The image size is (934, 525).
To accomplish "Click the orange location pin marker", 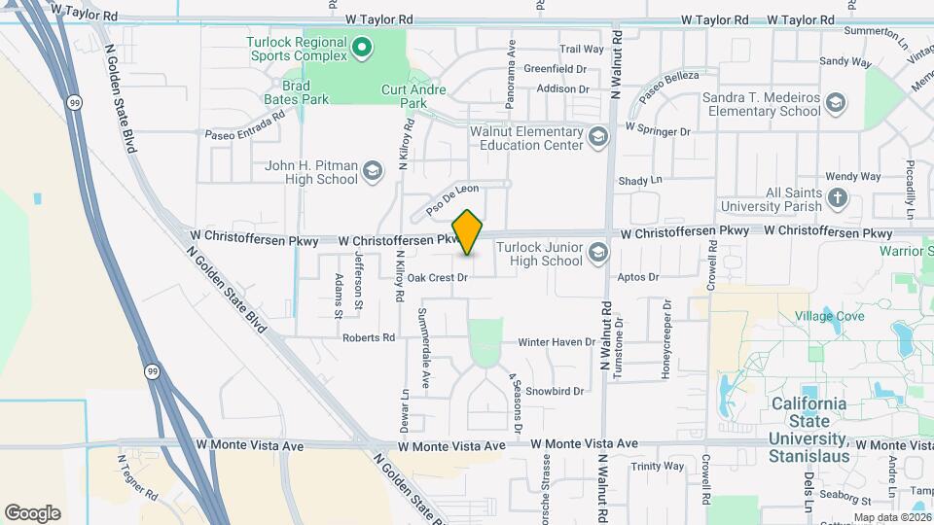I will pos(468,232).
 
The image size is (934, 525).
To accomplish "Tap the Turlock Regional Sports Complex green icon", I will pos(362,46).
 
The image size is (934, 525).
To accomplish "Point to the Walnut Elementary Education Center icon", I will pos(597,137).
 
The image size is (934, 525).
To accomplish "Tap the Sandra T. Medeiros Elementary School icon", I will pos(836,103).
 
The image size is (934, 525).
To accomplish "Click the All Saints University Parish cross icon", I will pos(838,199).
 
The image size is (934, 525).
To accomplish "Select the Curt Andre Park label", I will pos(414,96).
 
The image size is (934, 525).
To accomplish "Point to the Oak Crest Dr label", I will pos(438,277).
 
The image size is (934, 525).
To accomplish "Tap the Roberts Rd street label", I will pos(369,338).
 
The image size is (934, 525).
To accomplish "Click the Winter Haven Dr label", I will pos(556,342).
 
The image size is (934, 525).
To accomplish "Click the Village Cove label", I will pos(829,317).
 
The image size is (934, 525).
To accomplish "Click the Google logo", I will pos(32,512).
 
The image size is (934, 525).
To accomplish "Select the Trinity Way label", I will pos(657,467).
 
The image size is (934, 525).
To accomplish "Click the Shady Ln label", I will pos(640,180).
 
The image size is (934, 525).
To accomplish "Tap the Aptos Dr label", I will pos(638,277).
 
